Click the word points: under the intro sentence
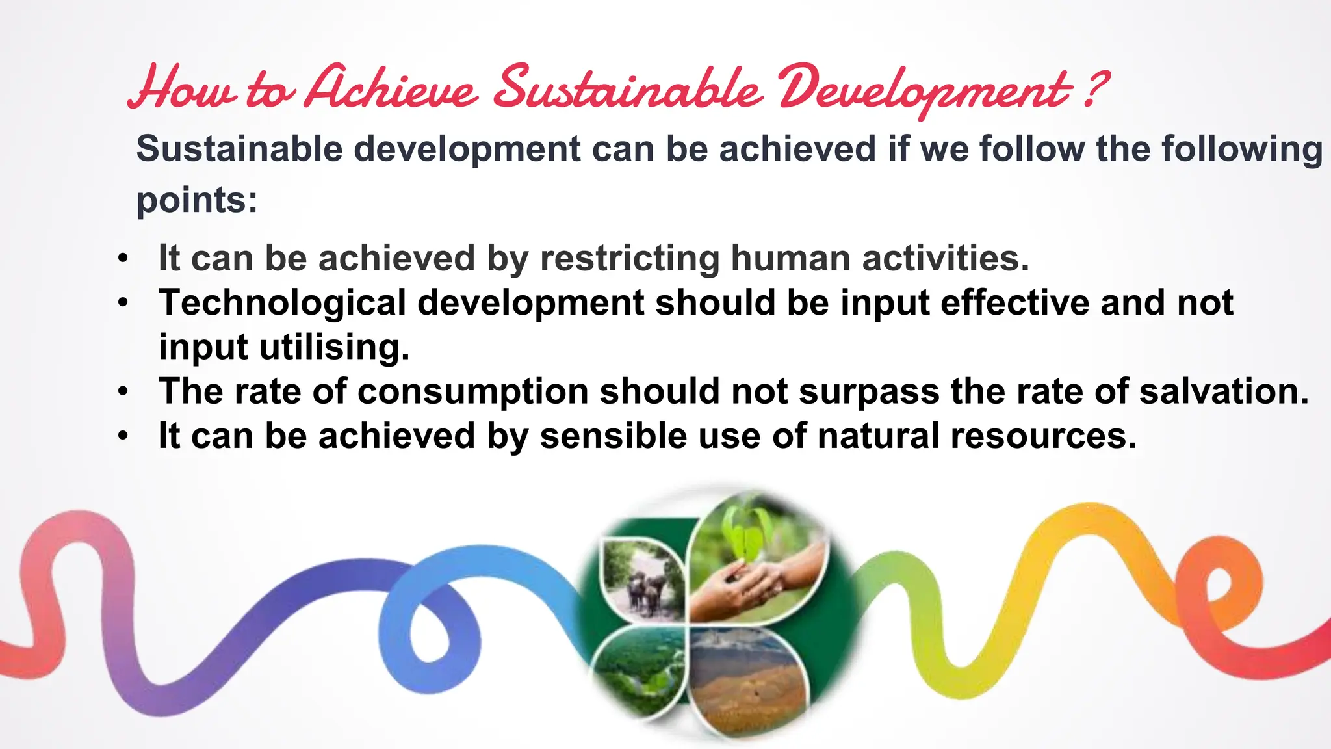[x=197, y=200]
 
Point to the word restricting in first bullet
[x=630, y=258]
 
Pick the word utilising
[x=334, y=347]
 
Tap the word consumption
[x=473, y=391]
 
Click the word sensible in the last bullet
[x=613, y=436]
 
